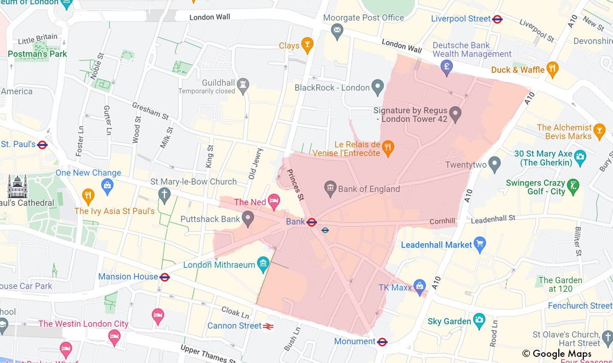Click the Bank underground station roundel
click(x=312, y=222)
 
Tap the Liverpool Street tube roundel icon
click(x=497, y=19)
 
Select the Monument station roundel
click(x=382, y=342)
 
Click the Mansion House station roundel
click(x=164, y=277)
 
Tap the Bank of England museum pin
click(x=330, y=188)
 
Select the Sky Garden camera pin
click(x=479, y=321)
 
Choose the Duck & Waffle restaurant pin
click(x=552, y=69)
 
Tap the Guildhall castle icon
click(x=243, y=83)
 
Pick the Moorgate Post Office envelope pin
click(x=337, y=31)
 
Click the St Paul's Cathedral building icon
click(x=17, y=186)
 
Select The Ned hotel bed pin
click(x=274, y=201)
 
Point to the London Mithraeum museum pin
click(x=263, y=264)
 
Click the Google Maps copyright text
click(x=557, y=354)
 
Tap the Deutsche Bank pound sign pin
click(x=447, y=66)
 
